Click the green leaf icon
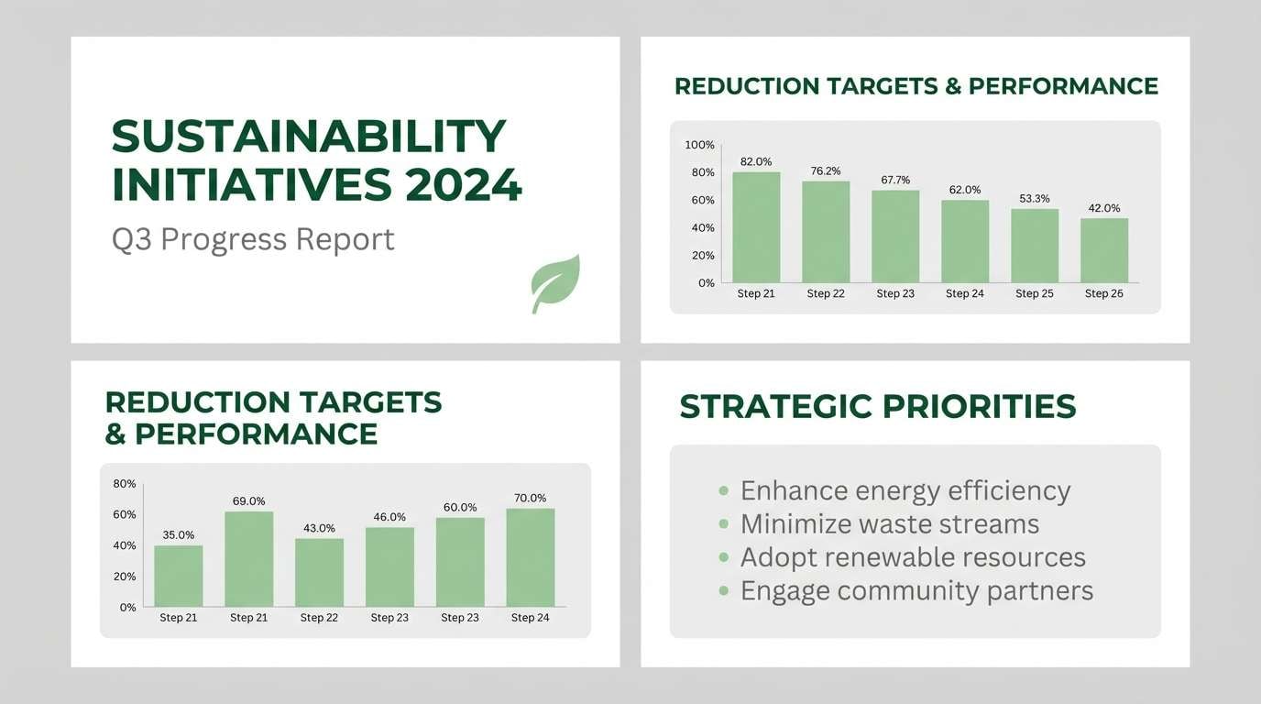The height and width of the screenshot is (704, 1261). [x=555, y=284]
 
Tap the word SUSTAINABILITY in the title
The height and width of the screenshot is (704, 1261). [x=308, y=137]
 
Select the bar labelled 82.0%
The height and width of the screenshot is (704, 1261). [x=756, y=227]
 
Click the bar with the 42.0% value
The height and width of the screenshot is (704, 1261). [x=1103, y=250]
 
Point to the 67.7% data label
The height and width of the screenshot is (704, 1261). [x=895, y=180]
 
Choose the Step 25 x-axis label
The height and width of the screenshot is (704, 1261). [x=1034, y=293]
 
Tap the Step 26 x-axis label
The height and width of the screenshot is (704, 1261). [x=1103, y=293]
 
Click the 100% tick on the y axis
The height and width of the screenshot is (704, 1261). [x=699, y=145]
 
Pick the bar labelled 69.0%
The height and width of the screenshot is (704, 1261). [x=248, y=559]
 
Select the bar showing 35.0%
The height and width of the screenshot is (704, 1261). [x=179, y=576]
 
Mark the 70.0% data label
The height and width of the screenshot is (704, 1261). [x=530, y=498]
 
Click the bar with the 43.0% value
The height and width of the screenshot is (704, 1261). [x=319, y=572]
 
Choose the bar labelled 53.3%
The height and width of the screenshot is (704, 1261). [x=1035, y=246]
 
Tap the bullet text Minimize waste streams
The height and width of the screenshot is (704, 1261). [x=889, y=524]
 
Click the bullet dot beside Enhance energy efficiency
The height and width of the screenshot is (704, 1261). [x=724, y=491]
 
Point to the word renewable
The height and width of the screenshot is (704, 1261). [x=887, y=557]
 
